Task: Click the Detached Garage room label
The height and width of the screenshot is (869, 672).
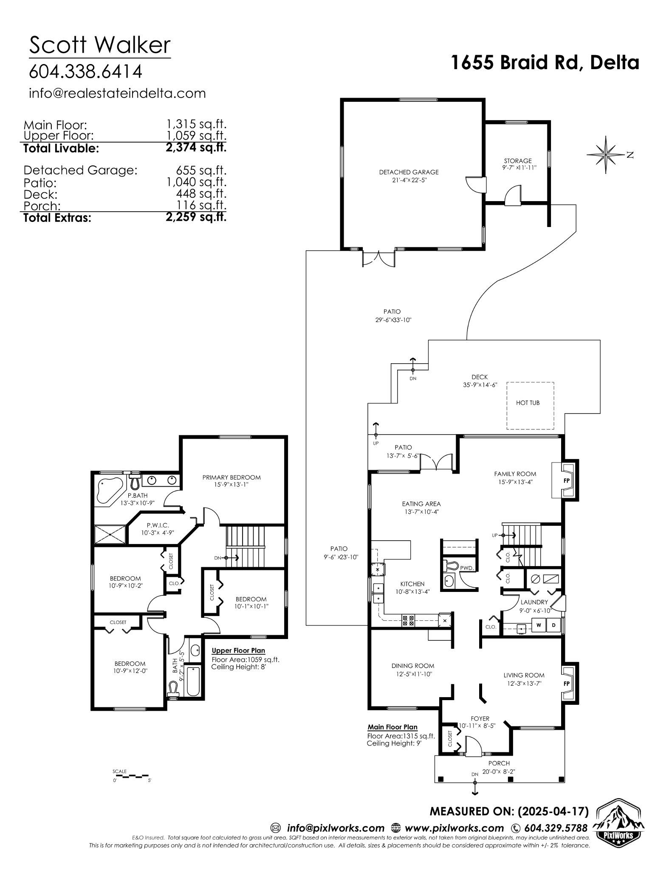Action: tap(409, 172)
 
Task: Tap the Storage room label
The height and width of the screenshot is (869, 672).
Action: tap(518, 161)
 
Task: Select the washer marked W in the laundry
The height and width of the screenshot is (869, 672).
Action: tap(539, 625)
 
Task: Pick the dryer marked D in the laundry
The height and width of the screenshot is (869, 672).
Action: tap(553, 625)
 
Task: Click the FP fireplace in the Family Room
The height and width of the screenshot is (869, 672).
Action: tap(566, 480)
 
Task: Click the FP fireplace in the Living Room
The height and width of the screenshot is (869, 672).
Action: tap(567, 683)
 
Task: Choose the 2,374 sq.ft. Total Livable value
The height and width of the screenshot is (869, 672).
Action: tap(196, 148)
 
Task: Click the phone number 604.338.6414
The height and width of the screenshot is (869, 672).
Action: tap(85, 72)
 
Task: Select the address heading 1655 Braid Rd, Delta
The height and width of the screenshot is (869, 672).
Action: tap(545, 63)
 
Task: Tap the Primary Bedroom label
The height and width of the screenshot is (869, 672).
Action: tap(232, 477)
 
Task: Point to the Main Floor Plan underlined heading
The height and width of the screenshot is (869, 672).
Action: tap(392, 727)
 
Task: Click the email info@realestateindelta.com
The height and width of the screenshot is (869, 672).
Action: tap(117, 93)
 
